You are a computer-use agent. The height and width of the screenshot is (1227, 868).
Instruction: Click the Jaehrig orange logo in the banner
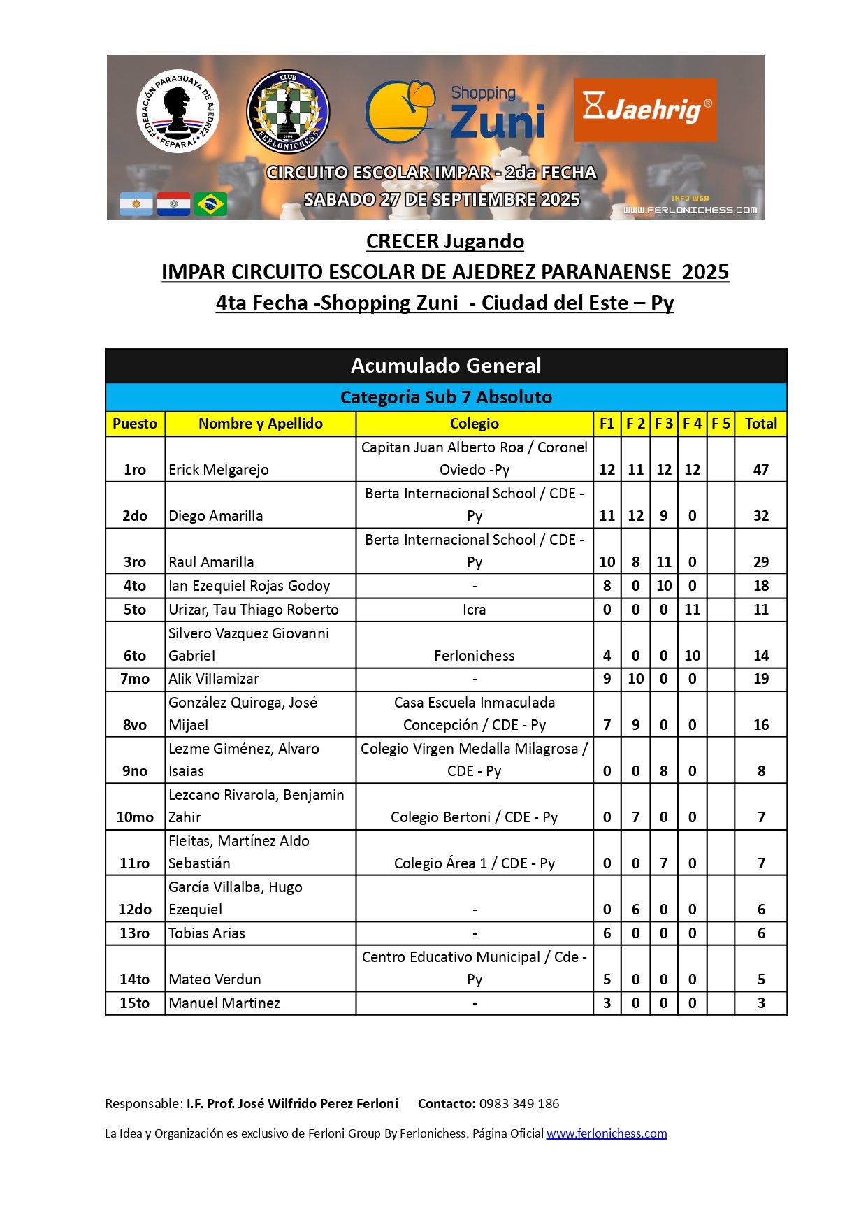(644, 110)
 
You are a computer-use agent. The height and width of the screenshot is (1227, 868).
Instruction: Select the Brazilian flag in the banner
(210, 204)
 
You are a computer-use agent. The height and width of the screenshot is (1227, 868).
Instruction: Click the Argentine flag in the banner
(136, 204)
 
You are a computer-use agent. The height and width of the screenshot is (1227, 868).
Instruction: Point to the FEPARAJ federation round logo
(178, 111)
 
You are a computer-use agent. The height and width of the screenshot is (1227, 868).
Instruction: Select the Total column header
(760, 424)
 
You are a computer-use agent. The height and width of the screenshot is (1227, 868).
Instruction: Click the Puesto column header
(135, 424)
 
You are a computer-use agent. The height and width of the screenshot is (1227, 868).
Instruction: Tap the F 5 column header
(721, 424)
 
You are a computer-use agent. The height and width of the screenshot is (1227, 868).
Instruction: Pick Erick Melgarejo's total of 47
(760, 470)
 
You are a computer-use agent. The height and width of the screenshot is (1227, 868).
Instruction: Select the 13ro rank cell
(135, 933)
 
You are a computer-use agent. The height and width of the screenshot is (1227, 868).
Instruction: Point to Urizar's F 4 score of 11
(692, 610)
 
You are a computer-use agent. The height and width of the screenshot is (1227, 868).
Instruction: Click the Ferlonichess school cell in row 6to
(474, 656)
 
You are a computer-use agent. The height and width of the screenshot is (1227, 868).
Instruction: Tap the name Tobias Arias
(207, 933)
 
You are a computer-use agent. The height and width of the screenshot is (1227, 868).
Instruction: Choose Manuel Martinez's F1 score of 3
(607, 1003)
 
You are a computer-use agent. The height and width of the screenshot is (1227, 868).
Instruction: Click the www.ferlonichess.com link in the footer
(607, 1133)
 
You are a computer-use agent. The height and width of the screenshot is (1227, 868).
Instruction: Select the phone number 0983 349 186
(519, 1104)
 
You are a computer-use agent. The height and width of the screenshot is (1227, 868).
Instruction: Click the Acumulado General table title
(446, 366)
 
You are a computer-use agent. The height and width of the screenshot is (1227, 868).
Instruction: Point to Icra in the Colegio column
(474, 610)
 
